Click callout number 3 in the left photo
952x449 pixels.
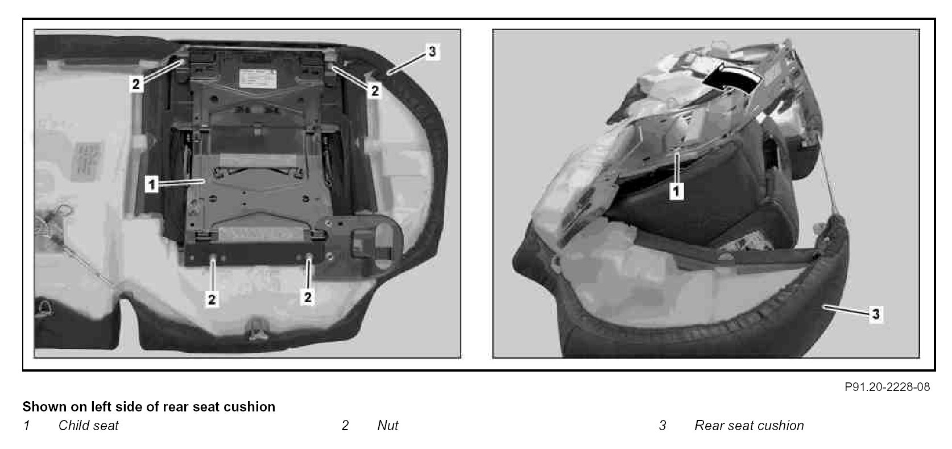pos(432,52)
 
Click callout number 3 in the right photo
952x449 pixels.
pos(875,314)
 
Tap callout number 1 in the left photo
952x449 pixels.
pos(152,184)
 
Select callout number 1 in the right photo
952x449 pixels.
pos(677,191)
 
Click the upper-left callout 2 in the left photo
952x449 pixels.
pos(136,84)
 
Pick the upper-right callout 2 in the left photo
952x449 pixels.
pos(374,90)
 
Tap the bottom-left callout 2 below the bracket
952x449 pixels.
pos(212,299)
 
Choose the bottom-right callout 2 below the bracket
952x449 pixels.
pos(308,297)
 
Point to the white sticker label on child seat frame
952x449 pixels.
pos(258,78)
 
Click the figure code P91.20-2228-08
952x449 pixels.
pos(887,387)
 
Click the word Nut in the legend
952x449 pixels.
pos(388,425)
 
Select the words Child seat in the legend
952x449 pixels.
pos(88,425)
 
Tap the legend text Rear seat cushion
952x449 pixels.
pos(749,425)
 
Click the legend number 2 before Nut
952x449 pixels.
pos(345,425)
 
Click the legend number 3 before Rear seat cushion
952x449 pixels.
pos(662,425)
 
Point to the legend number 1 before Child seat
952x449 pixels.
pos(26,425)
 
